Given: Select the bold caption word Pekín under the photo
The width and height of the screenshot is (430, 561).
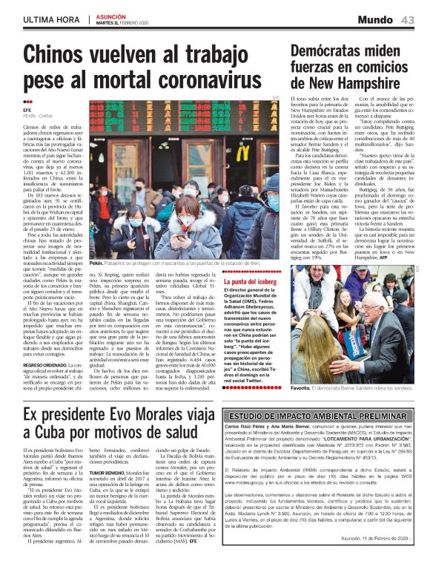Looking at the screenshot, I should tap(96, 263).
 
